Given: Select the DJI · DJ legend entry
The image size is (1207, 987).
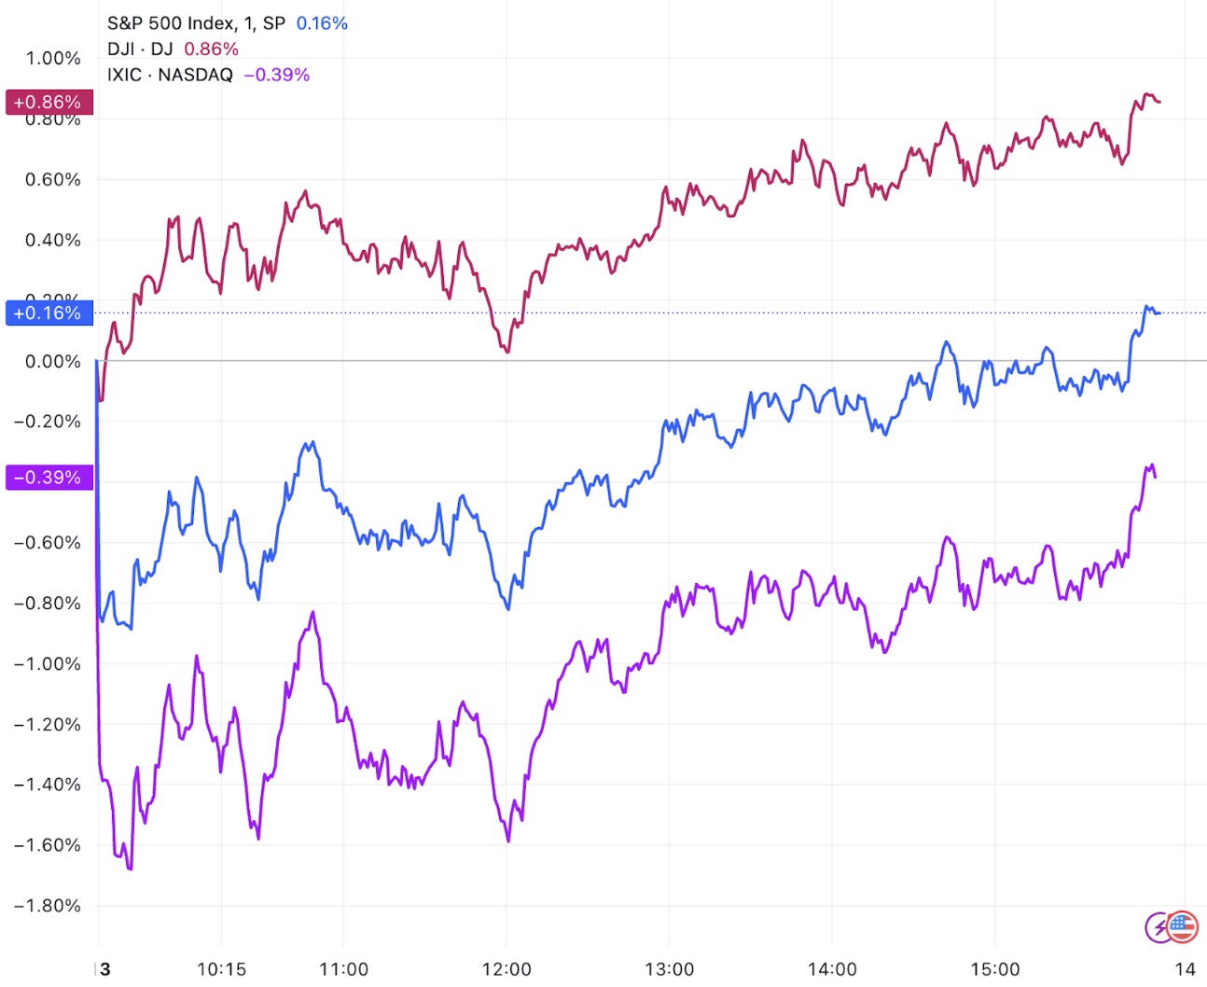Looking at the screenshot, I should coord(140,49).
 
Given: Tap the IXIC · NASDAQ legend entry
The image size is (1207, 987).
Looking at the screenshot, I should coord(170,75).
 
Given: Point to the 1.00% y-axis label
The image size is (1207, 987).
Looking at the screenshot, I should coord(53,58).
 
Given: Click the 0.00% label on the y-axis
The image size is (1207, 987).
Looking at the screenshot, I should coord(53,361).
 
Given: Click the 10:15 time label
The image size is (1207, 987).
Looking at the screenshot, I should coord(221,968).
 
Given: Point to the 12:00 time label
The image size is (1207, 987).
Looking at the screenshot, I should coord(506,968).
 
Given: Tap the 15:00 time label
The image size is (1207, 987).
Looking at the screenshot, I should coord(994,968).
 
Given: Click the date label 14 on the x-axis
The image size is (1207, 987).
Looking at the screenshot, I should coord(1185,968).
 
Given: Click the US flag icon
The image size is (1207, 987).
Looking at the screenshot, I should coord(1183,926).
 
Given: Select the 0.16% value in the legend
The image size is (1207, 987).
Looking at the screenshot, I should coord(322,23).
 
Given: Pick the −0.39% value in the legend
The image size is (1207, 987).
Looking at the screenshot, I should coord(277,75).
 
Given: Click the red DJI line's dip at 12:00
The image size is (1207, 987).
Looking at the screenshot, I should coord(507,352).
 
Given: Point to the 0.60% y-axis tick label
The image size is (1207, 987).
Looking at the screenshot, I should coord(53,179).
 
